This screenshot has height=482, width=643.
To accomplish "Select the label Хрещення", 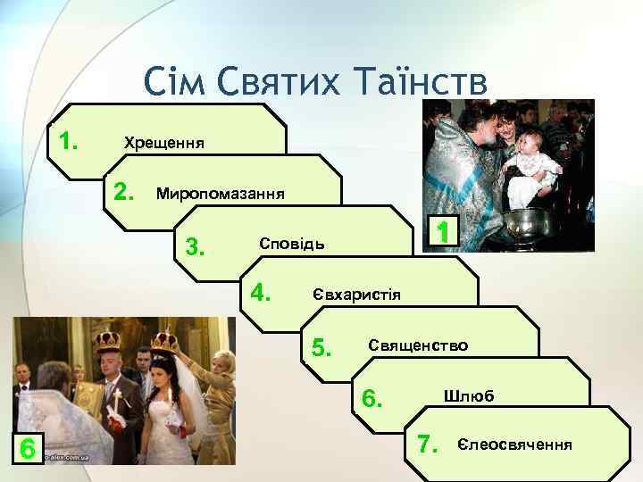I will (x=163, y=143).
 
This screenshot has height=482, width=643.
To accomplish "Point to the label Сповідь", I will (x=292, y=244).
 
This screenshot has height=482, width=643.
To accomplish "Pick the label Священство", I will (x=417, y=345).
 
